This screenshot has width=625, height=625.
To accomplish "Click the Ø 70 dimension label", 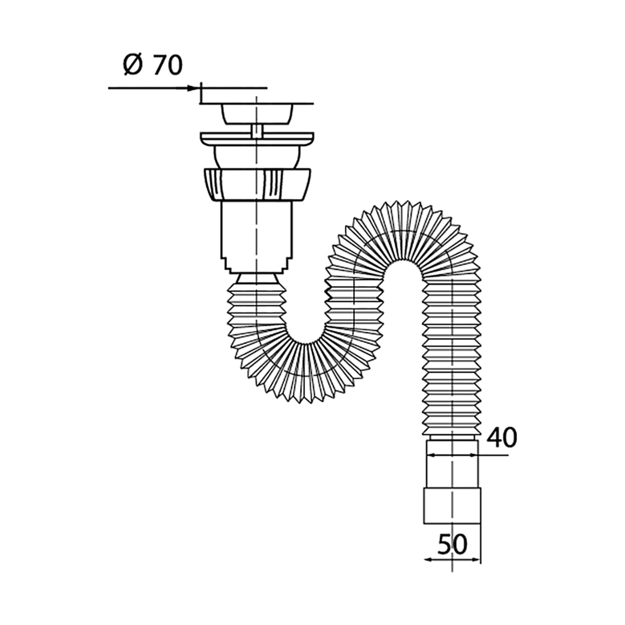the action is pyautogui.click(x=153, y=65).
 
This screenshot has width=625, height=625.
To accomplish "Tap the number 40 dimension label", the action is pyautogui.click(x=502, y=438).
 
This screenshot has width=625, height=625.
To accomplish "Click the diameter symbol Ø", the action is pyautogui.click(x=133, y=65).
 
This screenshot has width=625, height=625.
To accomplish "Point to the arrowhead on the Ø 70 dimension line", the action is pyautogui.click(x=193, y=88).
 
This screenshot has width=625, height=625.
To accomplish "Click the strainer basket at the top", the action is pyautogui.click(x=257, y=114).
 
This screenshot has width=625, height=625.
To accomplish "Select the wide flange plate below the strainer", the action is pyautogui.click(x=257, y=139).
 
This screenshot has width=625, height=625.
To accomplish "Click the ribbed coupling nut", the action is pyautogui.click(x=257, y=184).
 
